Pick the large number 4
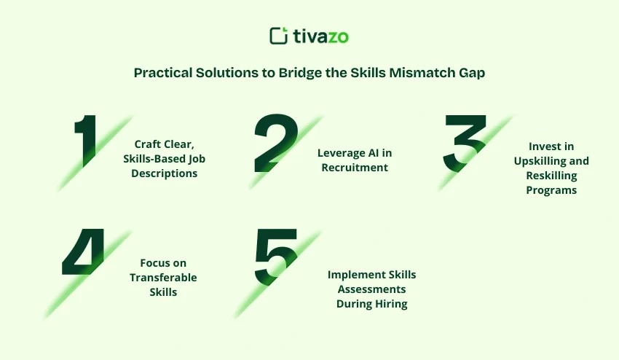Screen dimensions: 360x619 pyautogui.click(x=86, y=254)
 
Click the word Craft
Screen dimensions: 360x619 pyautogui.click(x=148, y=144)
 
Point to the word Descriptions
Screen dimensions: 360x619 pyautogui.click(x=165, y=173)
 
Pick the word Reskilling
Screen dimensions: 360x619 pyautogui.click(x=551, y=176)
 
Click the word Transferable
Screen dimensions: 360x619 pyautogui.click(x=163, y=277)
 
